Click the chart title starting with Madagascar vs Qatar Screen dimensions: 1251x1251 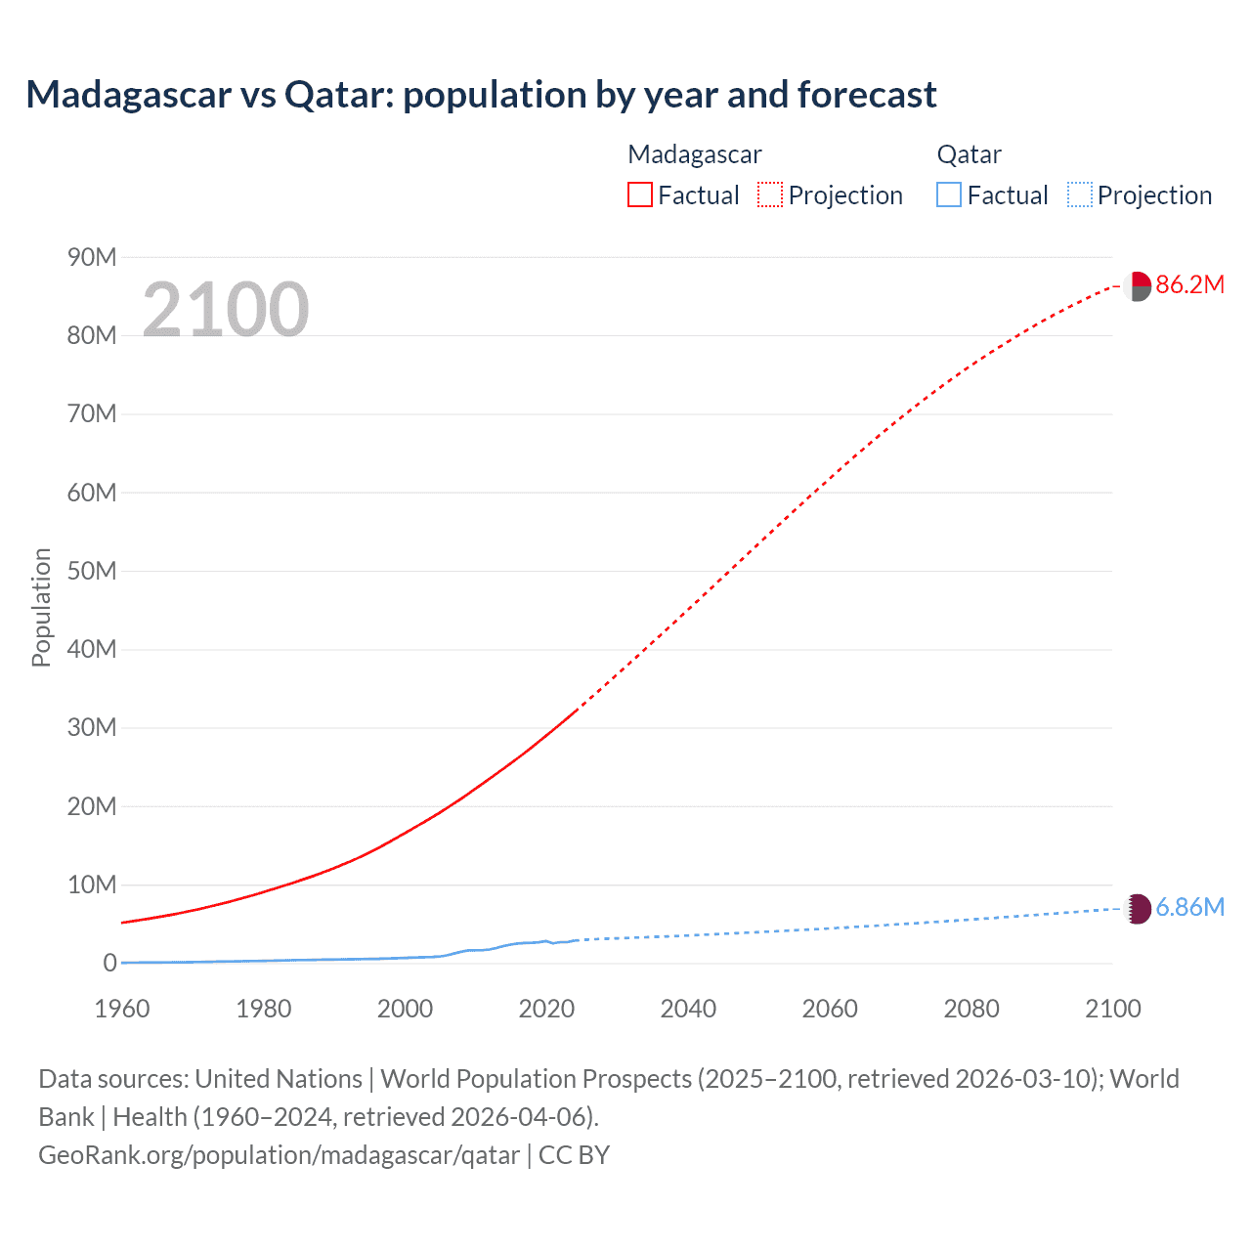coord(481,95)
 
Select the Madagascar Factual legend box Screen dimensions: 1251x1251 coord(640,195)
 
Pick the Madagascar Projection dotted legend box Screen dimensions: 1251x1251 coord(770,195)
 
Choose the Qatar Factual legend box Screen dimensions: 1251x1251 coord(949,195)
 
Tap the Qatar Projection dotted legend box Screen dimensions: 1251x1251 coord(1080,195)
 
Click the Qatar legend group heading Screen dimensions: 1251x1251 coord(969,154)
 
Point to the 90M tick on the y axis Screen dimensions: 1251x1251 coord(92,257)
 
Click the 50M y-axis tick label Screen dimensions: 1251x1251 coord(92,571)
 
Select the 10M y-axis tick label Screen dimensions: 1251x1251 coord(92,884)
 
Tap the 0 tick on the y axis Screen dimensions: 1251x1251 coord(109,963)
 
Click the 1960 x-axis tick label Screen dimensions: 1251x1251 coord(122,1009)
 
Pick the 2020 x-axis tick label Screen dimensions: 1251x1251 coord(546,1009)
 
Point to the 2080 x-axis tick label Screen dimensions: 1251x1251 coord(971,1009)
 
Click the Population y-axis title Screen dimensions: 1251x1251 coord(41,608)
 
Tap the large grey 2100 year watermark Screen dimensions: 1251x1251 coord(225,310)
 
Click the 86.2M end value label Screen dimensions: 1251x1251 coord(1189,284)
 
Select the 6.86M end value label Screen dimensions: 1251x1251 coord(1189,907)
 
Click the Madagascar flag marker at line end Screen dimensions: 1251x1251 coord(1138,286)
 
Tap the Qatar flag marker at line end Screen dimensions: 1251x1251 coord(1138,909)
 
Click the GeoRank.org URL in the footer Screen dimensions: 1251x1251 coord(279,1155)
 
